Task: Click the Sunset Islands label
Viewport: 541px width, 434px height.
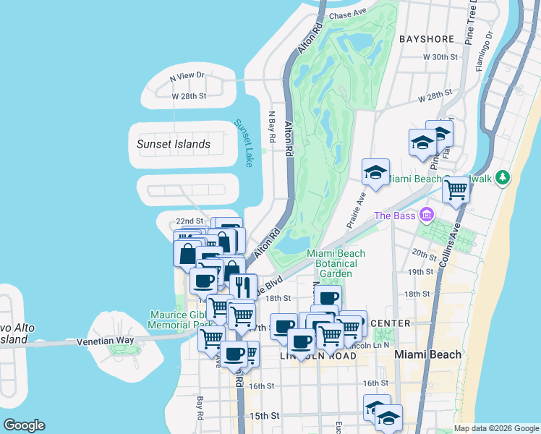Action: [174, 144]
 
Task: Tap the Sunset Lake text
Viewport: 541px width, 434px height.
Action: [243, 143]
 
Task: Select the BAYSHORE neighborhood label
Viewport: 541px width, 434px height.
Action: [427, 38]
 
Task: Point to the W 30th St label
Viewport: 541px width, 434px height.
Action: [441, 56]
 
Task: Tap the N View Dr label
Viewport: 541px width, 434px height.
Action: [187, 75]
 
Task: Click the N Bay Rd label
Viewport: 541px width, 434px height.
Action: [273, 127]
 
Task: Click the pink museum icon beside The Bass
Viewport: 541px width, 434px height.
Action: [426, 215]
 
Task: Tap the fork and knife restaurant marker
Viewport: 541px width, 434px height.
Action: [244, 285]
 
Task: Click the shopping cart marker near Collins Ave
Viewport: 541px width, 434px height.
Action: [456, 190]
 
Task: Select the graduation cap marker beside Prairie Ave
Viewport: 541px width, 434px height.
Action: [375, 172]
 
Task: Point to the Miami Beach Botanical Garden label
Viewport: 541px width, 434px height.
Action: [336, 263]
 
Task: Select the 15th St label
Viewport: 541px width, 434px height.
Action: [265, 416]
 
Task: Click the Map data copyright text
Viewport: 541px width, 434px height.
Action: [495, 428]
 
